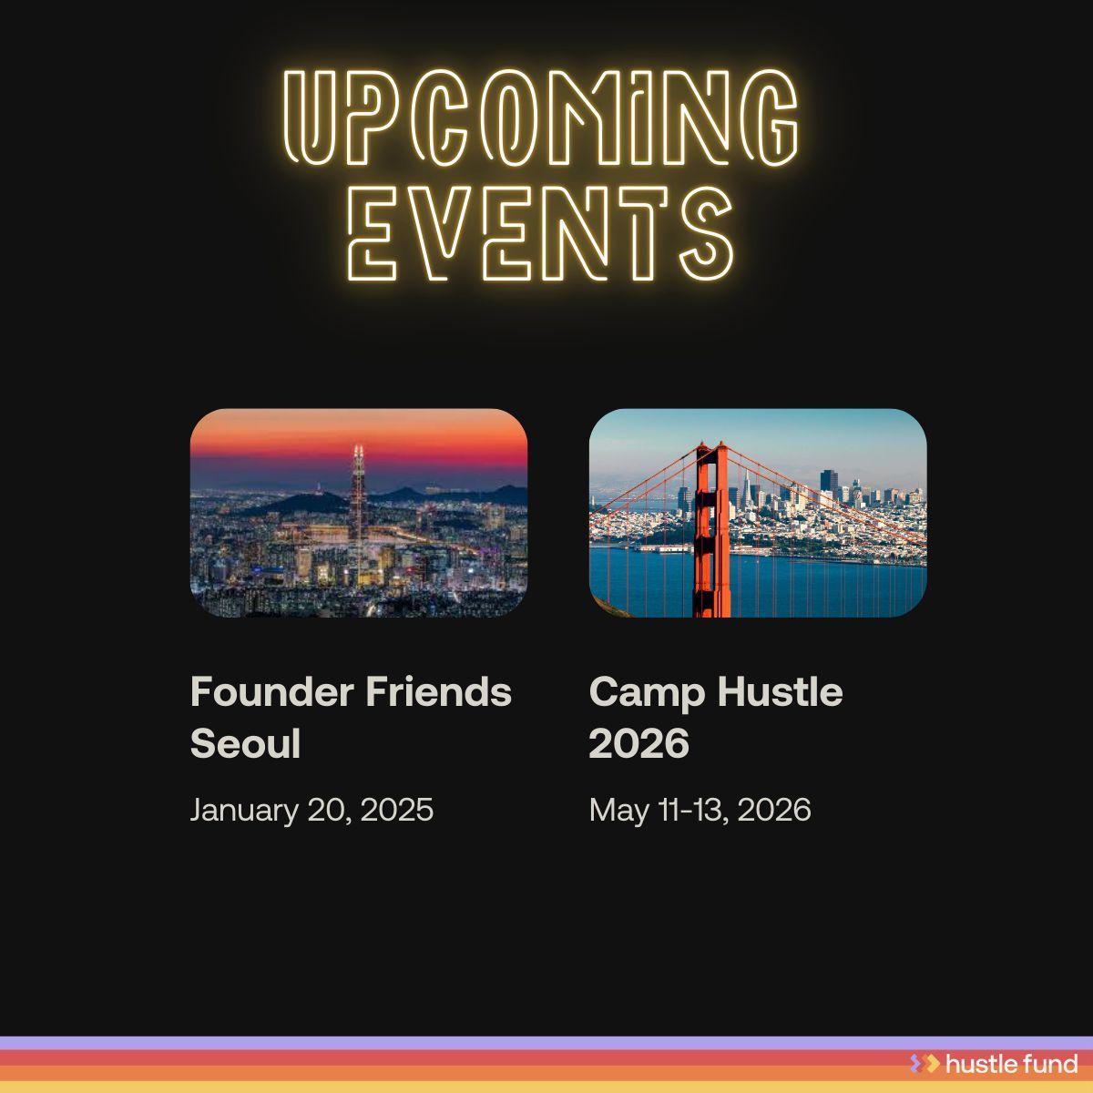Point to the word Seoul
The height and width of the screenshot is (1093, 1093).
point(245,744)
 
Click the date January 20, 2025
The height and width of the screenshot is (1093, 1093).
point(312,810)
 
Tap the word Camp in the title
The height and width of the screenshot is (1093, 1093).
point(647,692)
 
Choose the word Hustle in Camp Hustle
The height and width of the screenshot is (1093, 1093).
point(780,692)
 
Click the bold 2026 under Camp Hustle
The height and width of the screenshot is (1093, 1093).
point(638,744)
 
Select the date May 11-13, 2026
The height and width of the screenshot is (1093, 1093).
point(700,810)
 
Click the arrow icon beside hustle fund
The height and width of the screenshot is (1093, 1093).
point(924,1063)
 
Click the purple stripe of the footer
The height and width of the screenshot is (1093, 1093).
point(455,1043)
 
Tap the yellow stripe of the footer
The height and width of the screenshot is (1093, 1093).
point(455,1087)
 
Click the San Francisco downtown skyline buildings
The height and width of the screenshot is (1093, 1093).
point(829,496)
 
